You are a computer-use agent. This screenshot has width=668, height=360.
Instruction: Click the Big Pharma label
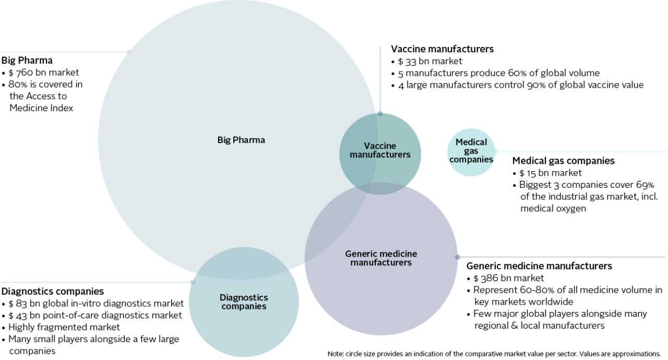coord(241,140)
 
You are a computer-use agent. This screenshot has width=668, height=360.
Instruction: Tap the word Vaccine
coord(380,146)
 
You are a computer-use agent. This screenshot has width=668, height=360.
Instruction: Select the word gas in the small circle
coord(471,151)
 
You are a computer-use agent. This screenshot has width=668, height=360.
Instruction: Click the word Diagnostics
coord(244,297)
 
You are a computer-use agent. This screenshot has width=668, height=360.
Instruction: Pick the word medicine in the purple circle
coord(399,254)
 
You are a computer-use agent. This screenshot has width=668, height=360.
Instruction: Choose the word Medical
coord(471,142)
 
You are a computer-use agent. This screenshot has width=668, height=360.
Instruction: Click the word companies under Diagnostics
coord(244,306)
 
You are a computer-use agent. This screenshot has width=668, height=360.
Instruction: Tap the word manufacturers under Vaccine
coord(380,154)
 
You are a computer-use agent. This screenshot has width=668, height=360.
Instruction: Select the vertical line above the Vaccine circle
coord(380,78)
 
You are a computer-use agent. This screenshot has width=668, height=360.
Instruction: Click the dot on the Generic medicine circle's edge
coord(458,257)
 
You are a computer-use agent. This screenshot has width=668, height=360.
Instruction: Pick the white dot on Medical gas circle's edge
coord(496,152)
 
